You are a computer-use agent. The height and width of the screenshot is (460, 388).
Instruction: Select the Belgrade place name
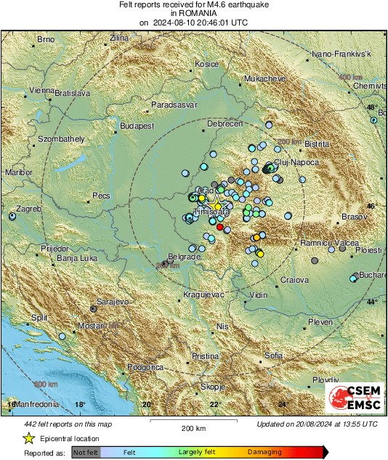coord(184,257)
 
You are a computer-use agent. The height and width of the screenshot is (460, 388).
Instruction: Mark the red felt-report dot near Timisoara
coord(220,227)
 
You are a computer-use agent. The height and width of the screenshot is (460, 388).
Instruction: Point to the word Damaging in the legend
coord(264,452)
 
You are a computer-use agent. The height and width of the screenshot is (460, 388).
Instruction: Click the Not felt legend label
coord(86,452)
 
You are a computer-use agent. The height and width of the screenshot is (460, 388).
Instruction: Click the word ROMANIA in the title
coord(193,13)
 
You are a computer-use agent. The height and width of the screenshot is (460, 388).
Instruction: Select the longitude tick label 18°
coord(80,405)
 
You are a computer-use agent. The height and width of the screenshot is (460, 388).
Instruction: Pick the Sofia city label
coord(274,355)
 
